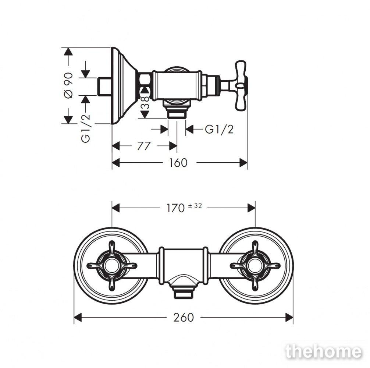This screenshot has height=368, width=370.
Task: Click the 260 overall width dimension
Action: point(184,317)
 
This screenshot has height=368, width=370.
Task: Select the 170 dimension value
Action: point(175,208)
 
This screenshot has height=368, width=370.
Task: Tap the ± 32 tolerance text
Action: point(195,206)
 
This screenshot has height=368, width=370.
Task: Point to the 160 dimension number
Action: point(178,163)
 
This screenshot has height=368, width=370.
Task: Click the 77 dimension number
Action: point(144,146)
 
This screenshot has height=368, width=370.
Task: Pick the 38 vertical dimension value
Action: point(145,102)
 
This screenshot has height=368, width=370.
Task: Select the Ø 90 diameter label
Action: point(68,85)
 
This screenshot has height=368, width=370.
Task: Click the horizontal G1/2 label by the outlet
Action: point(219,130)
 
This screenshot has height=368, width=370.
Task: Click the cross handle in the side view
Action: point(241,85)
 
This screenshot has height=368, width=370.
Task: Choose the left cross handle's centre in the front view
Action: point(112,266)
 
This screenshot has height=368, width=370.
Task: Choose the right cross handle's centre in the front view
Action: point(255,266)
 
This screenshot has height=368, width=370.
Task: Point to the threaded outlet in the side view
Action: point(177,114)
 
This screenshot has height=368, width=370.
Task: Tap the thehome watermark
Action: point(323,352)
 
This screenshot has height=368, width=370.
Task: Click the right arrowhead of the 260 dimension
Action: point(289,317)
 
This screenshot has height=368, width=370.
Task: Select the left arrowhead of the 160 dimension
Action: point(116,163)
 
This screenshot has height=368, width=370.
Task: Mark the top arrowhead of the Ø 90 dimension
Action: point(68,52)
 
